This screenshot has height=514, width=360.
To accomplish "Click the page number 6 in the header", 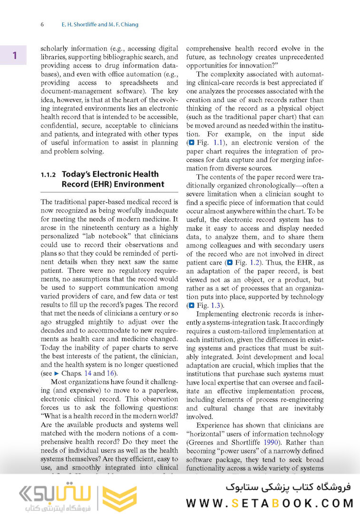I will (42, 24).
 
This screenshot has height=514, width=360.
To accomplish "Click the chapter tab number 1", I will (14, 56).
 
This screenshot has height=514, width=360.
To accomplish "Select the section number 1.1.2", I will (49, 175).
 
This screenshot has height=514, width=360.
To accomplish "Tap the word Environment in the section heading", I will (140, 185).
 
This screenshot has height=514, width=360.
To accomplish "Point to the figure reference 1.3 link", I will (216, 305).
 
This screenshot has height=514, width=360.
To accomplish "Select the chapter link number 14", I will (88, 373).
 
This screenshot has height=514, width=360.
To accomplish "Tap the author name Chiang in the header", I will (127, 24).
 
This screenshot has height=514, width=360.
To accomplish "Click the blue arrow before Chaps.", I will (56, 373).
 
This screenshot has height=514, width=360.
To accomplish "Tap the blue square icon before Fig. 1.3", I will (191, 306).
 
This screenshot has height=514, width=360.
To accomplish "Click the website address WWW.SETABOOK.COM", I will (270, 503).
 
